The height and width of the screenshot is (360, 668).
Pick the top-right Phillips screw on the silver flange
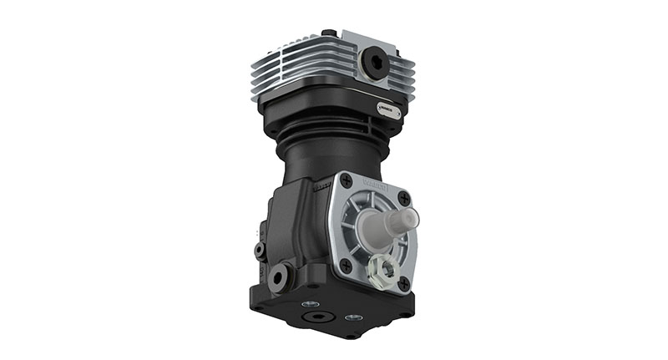point(404,199)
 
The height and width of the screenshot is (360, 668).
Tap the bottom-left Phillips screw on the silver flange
point(345,265)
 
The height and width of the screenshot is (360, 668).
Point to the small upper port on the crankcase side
point(261,250)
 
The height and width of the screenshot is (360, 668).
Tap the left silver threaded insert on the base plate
point(311,303)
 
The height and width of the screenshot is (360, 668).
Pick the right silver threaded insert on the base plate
point(354,318)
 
